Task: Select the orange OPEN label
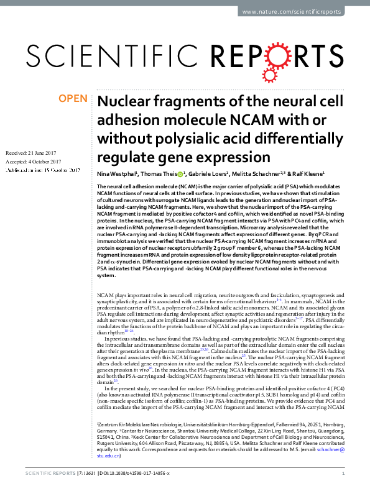pyautogui.click(x=72, y=98)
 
